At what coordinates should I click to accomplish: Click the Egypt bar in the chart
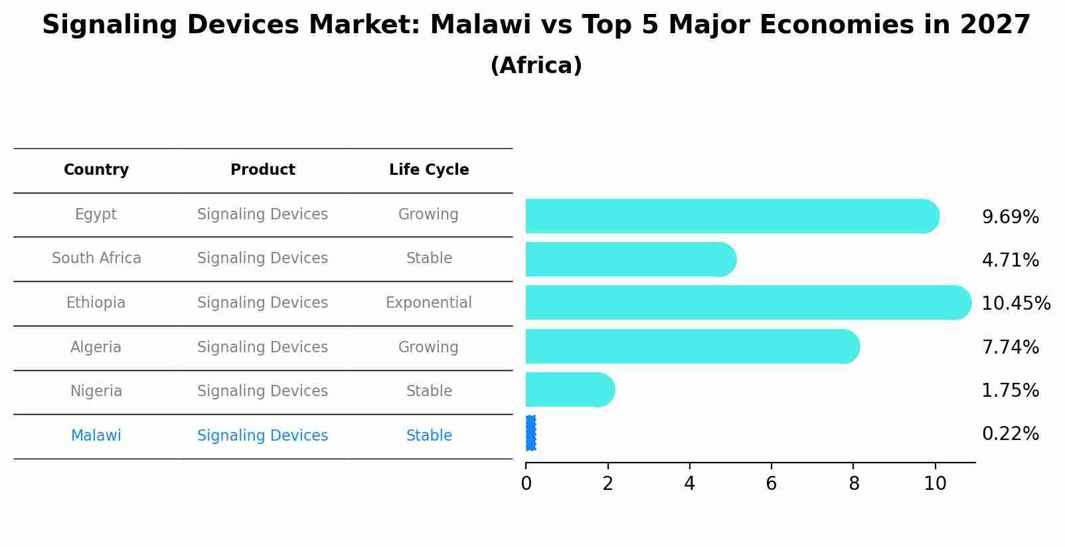coord(730,216)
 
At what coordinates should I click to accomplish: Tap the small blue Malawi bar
coord(531,433)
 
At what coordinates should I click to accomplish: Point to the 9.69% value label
coord(1010,217)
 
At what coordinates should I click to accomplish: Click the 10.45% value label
coord(1015,304)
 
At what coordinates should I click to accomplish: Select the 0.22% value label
coord(1010,434)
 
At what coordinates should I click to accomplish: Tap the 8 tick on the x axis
coord(854,483)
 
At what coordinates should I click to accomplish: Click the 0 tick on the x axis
coord(526,483)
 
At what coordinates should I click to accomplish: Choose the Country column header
coord(96,170)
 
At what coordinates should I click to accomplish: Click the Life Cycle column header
coord(429,170)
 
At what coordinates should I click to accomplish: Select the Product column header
coord(262,170)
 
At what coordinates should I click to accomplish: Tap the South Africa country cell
coord(96,259)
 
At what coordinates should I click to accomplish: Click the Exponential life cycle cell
coord(429,303)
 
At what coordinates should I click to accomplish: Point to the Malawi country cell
coord(96,436)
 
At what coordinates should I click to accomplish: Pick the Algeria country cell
coord(96,348)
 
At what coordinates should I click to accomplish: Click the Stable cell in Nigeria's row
coord(429,391)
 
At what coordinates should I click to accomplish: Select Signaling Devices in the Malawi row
coord(262,436)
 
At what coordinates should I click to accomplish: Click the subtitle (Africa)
coord(536,66)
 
